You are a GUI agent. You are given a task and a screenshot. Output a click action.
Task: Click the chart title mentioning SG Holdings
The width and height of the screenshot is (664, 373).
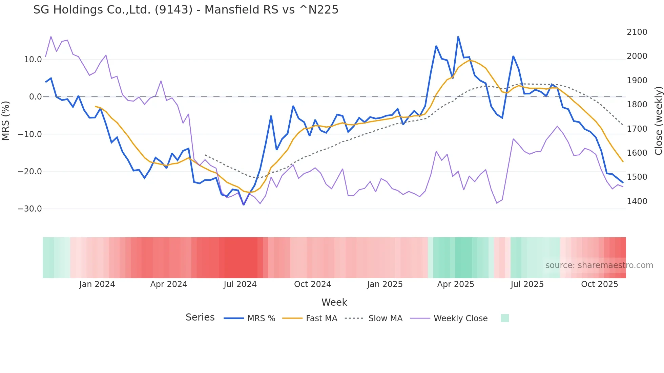pos(186,10)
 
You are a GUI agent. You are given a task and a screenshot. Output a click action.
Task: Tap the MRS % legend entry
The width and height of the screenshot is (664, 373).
pos(261,319)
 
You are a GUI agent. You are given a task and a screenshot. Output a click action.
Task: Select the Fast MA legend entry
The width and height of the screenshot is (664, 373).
pos(321,319)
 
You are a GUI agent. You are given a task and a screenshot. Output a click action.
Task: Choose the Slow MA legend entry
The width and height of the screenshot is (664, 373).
pos(385,319)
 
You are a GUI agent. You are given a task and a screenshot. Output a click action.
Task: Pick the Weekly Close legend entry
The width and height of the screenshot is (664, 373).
pos(460,319)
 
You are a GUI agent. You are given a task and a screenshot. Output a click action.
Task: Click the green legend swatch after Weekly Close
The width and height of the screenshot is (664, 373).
pos(504,318)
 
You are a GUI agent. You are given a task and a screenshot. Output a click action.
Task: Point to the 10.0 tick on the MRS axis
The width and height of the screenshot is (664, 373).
pos(33,60)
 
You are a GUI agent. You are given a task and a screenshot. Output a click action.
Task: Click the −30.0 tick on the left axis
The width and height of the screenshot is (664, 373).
pos(30,209)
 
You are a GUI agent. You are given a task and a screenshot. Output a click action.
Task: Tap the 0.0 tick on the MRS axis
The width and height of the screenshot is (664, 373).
pos(35,97)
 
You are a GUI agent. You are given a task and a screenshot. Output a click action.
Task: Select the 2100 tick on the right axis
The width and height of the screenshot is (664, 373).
pos(637,32)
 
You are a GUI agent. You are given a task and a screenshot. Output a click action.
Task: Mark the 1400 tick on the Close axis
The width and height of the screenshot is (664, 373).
pos(637,201)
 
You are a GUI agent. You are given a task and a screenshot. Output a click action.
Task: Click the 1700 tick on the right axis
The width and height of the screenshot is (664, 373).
pos(637,129)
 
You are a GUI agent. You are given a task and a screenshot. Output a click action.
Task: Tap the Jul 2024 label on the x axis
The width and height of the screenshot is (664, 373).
pos(240,284)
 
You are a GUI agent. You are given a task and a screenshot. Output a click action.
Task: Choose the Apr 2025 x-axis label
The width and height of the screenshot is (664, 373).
pos(456,284)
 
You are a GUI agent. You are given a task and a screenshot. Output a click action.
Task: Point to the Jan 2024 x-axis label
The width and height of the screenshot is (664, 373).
pos(97,284)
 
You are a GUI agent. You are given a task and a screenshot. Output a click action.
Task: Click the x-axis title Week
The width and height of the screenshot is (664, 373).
pos(334,302)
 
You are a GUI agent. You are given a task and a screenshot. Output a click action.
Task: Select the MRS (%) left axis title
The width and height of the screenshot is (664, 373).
pos(6,120)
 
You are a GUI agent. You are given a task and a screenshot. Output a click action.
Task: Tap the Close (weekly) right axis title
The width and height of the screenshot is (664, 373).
pos(658,121)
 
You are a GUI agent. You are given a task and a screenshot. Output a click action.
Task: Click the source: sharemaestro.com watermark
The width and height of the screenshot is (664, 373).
pos(599,265)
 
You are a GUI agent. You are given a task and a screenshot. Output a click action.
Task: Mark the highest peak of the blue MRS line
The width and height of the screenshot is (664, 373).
pos(458,37)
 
